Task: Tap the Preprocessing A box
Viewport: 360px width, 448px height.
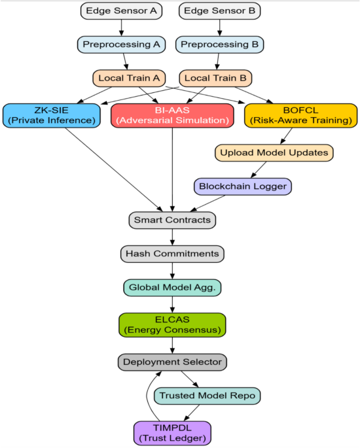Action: click(120, 44)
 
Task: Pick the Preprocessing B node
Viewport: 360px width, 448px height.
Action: click(219, 44)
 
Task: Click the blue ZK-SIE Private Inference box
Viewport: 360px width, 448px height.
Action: click(51, 115)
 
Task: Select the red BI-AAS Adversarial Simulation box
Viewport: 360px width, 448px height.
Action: click(172, 115)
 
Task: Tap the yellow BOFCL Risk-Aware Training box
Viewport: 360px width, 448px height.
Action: click(300, 115)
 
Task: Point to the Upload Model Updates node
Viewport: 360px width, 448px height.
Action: click(274, 152)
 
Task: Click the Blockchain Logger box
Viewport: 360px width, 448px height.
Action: click(243, 186)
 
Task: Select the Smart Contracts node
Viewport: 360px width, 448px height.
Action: click(172, 220)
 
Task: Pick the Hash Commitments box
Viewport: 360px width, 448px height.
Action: click(172, 254)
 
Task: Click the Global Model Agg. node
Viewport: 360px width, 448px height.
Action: click(172, 288)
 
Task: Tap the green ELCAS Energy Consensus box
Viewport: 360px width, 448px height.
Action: click(172, 324)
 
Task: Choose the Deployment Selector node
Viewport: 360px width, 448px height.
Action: click(172, 362)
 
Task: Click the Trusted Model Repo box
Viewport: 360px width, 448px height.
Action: click(207, 396)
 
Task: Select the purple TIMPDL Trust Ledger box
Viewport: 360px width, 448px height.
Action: click(172, 432)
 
